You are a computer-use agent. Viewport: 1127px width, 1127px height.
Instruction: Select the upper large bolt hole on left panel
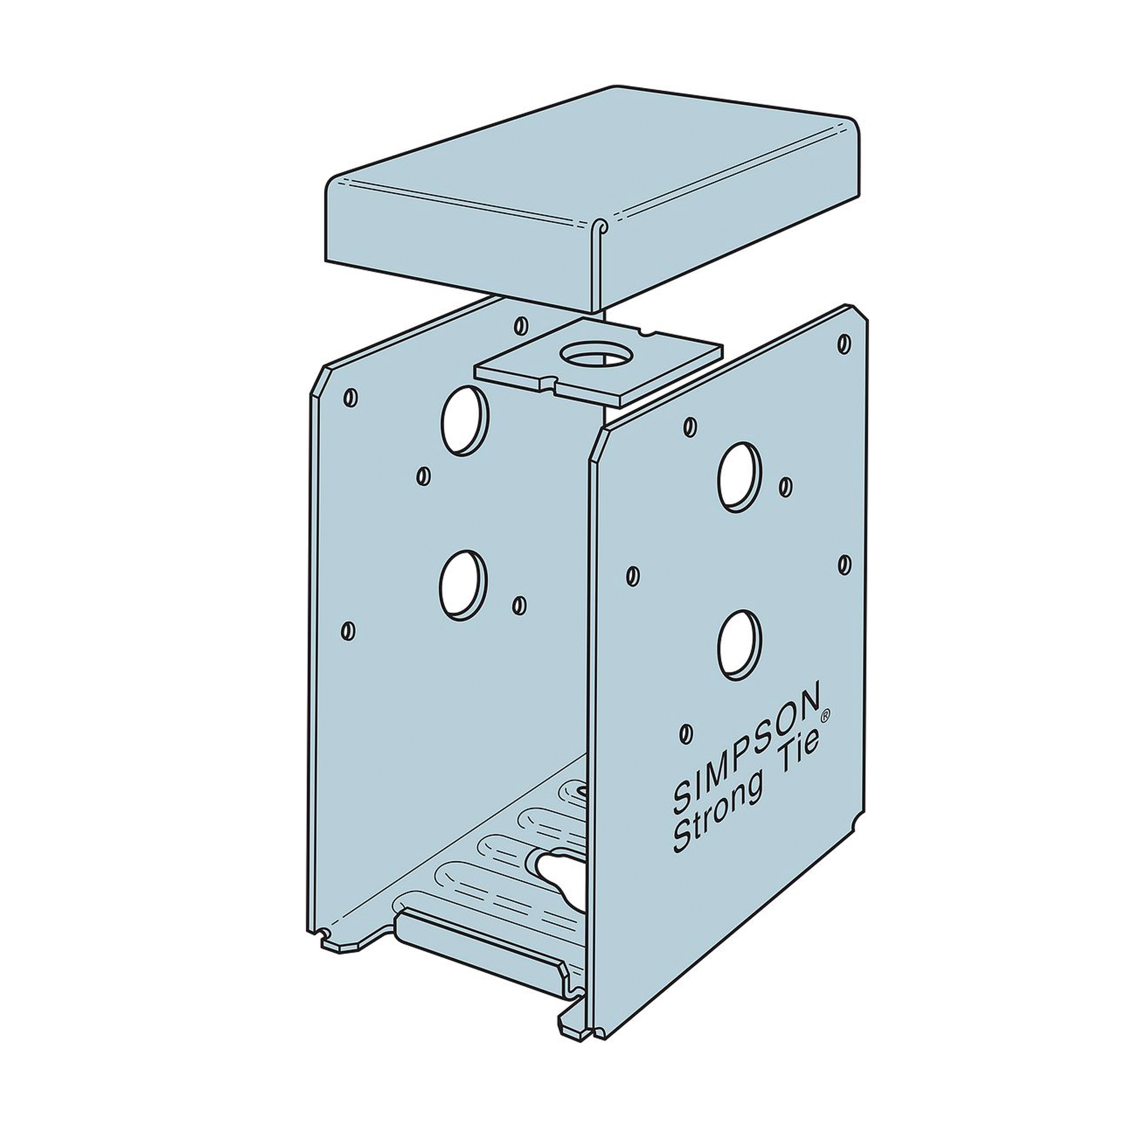click(x=465, y=419)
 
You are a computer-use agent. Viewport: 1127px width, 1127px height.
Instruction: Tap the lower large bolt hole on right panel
click(x=739, y=645)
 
